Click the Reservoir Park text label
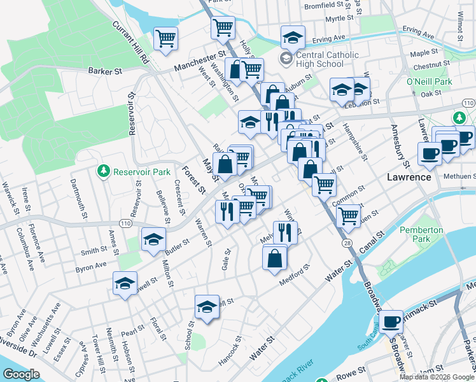pyautogui.click(x=142, y=172)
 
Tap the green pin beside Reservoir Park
pyautogui.click(x=103, y=171)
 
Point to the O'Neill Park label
pyautogui.click(x=429, y=81)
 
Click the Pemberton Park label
pyautogui.click(x=417, y=234)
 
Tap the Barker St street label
pyautogui.click(x=105, y=71)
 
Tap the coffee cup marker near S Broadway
pyautogui.click(x=391, y=321)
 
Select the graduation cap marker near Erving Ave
pyautogui.click(x=293, y=36)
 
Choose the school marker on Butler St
pyautogui.click(x=153, y=239)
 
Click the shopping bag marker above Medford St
pyautogui.click(x=275, y=258)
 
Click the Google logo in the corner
pyautogui.click(x=22, y=374)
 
